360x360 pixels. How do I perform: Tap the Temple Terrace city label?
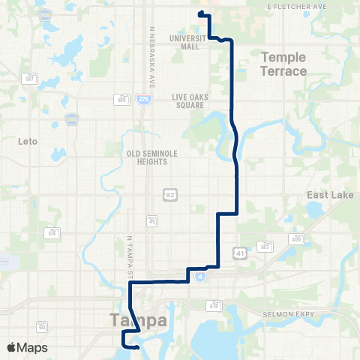(283, 64)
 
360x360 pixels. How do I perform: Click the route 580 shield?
(121, 97)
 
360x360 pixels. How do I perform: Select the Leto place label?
(26, 140)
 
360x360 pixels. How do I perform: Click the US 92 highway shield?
(170, 194)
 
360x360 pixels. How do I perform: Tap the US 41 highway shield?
(238, 252)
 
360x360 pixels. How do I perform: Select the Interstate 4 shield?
(199, 277)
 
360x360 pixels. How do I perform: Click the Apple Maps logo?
(26, 348)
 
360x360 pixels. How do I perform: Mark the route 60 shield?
(42, 326)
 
